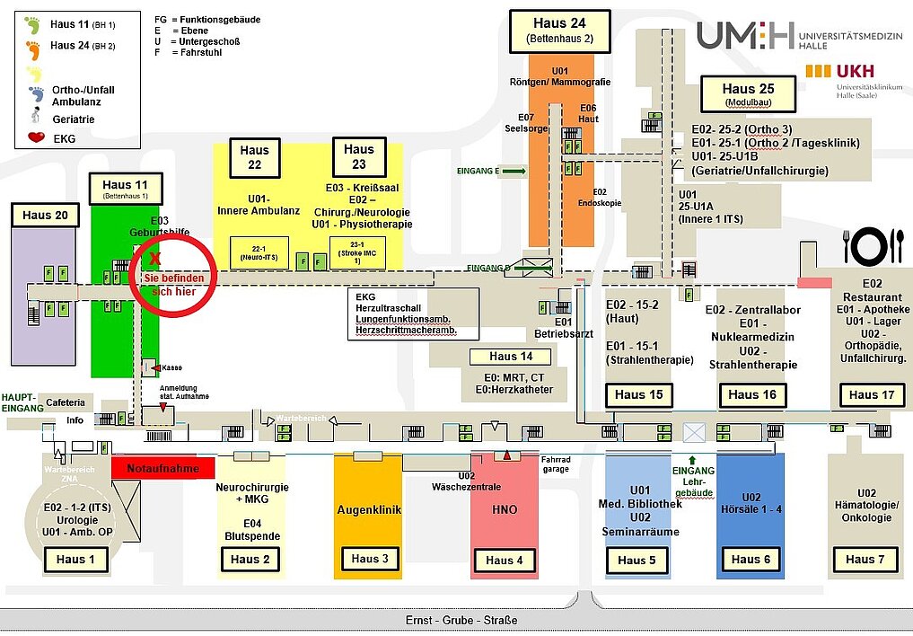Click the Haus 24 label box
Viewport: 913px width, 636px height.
[x=559, y=31]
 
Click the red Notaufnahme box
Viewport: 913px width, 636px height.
[x=163, y=468]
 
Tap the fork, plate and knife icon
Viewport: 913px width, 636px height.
[x=873, y=245]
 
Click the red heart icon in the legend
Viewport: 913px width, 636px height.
[x=37, y=138]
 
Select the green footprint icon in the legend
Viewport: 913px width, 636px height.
[x=33, y=25]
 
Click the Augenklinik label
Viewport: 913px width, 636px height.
[x=368, y=509]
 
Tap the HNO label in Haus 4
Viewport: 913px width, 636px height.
[x=505, y=509]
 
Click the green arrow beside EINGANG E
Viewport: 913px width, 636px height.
[x=514, y=170]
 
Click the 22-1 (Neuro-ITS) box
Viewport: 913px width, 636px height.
[x=259, y=252]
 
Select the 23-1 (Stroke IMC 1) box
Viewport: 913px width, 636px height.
[x=357, y=252]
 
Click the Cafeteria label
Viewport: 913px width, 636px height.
[x=66, y=402]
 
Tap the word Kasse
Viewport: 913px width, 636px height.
[x=171, y=367]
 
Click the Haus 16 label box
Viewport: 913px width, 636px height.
[x=751, y=394]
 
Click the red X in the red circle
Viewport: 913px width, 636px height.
[x=155, y=259]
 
